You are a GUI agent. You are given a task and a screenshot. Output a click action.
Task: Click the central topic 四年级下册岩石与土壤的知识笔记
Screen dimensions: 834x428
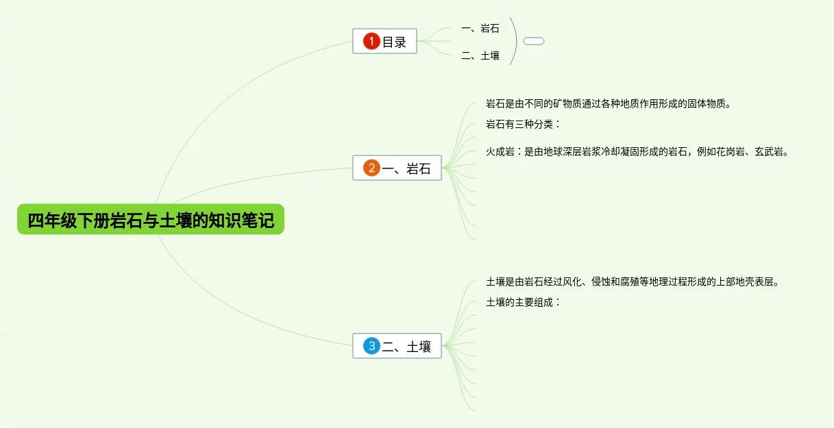(150, 221)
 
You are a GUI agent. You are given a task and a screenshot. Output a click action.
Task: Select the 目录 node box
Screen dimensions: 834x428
(384, 42)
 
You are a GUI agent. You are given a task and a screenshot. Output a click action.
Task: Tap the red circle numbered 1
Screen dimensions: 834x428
(371, 42)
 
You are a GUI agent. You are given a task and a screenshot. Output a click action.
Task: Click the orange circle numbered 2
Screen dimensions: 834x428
(371, 168)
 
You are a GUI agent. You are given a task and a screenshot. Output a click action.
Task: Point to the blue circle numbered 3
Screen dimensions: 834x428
(371, 346)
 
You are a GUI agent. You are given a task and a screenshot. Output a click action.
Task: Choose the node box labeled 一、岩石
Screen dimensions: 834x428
(397, 168)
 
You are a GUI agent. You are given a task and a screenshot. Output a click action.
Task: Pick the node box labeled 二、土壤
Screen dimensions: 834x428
(397, 346)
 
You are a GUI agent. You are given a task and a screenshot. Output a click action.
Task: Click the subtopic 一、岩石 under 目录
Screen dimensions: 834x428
(480, 28)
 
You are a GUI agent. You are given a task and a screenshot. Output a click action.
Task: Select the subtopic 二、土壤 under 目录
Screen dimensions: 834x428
(480, 56)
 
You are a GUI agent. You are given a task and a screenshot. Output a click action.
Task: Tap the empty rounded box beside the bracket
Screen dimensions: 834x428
(534, 41)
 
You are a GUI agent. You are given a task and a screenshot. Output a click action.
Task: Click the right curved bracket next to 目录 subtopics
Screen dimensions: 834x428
(514, 41)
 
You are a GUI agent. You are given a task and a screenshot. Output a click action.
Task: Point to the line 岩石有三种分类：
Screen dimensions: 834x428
(523, 124)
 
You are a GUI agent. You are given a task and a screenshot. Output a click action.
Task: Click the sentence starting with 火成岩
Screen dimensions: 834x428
(638, 152)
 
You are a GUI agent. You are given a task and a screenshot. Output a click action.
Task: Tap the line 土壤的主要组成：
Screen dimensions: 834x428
(523, 301)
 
